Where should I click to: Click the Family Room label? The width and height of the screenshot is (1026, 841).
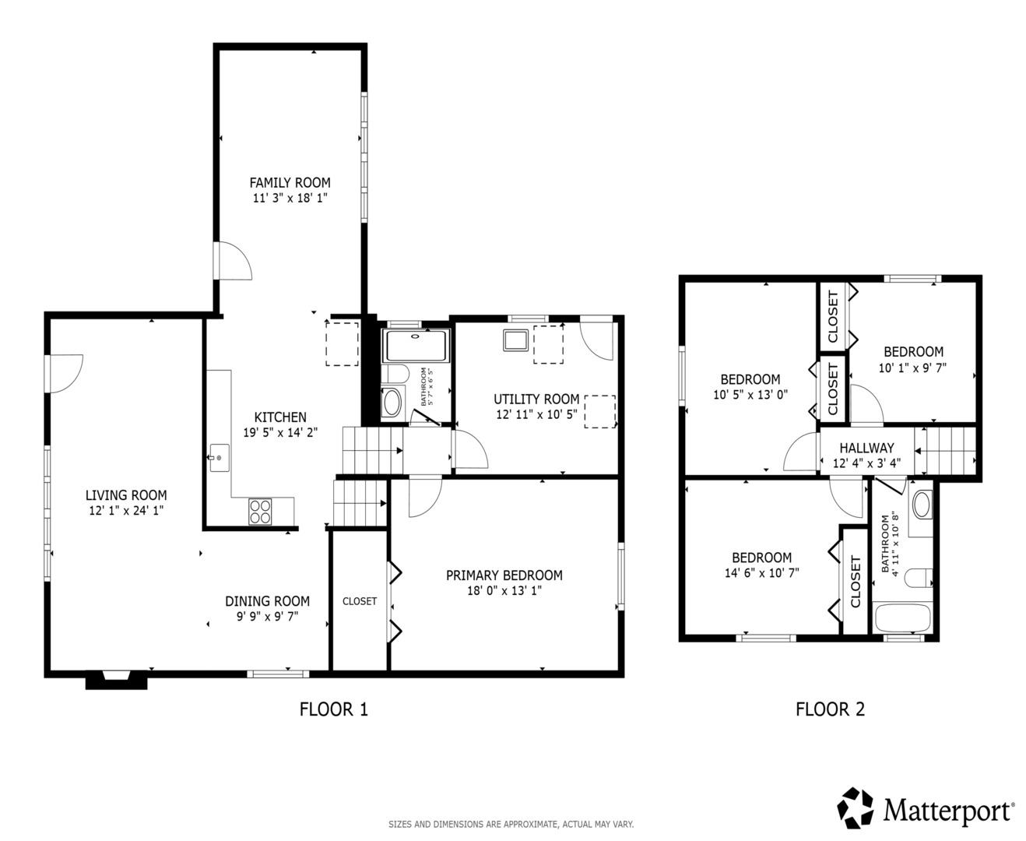pyautogui.click(x=290, y=183)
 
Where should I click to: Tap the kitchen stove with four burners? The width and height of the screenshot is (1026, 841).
pyautogui.click(x=260, y=512)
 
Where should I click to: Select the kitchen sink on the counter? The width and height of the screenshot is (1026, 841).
pyautogui.click(x=220, y=458)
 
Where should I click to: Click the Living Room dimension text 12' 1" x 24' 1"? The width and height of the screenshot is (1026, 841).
pyautogui.click(x=126, y=511)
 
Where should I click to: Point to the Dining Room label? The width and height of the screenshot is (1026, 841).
pyautogui.click(x=267, y=601)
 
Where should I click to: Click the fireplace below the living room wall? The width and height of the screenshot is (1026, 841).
pyautogui.click(x=116, y=679)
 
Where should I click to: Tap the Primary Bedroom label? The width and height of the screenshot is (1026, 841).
pyautogui.click(x=504, y=575)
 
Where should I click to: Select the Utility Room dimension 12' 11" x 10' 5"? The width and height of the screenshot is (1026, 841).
pyautogui.click(x=536, y=414)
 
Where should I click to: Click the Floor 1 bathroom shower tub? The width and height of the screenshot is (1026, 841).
pyautogui.click(x=416, y=346)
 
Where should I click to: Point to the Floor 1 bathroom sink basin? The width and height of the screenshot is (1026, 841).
pyautogui.click(x=392, y=403)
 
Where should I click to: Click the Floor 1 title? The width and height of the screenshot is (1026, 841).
pyautogui.click(x=334, y=709)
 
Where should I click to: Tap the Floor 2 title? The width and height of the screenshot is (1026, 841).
pyautogui.click(x=831, y=709)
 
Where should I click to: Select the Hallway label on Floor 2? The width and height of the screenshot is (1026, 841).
pyautogui.click(x=866, y=448)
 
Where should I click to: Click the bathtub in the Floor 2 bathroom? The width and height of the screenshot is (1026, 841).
pyautogui.click(x=903, y=618)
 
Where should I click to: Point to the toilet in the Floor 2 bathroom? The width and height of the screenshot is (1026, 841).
pyautogui.click(x=919, y=578)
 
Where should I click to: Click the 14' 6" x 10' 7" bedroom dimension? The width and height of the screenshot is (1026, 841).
pyautogui.click(x=762, y=573)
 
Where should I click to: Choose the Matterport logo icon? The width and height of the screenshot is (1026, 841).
pyautogui.click(x=855, y=808)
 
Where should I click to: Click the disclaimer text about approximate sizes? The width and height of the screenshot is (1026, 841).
pyautogui.click(x=511, y=825)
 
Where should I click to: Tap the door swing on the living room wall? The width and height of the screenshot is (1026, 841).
pyautogui.click(x=65, y=374)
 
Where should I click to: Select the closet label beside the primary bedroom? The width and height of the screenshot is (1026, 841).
pyautogui.click(x=360, y=601)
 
